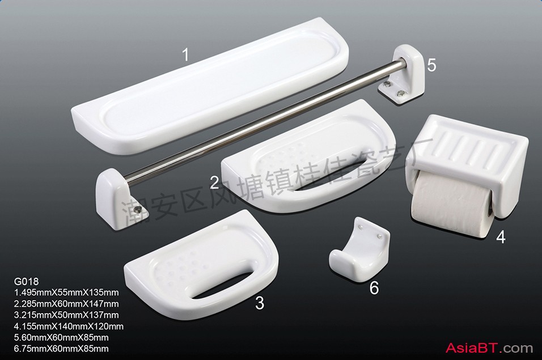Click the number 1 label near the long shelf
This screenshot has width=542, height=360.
tap(186, 54)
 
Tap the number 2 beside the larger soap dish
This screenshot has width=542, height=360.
tap(214, 182)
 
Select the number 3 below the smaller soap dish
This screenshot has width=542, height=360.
tap(260, 303)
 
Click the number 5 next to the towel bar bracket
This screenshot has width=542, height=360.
tap(432, 65)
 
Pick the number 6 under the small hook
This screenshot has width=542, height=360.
tap(374, 288)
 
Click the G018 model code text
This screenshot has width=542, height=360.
tap(26, 281)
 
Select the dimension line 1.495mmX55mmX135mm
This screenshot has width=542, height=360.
tap(66, 293)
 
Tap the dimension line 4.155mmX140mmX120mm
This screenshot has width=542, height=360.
tap(69, 326)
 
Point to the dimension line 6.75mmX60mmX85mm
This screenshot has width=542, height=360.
tap(61, 348)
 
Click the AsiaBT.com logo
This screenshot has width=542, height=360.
tap(489, 348)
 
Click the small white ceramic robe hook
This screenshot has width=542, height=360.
tap(359, 249)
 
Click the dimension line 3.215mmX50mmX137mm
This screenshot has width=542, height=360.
tap(66, 315)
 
